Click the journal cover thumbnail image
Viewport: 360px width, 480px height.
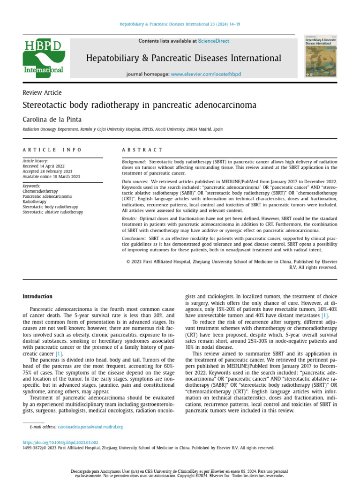(321, 56)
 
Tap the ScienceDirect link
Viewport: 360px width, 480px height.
(213, 41)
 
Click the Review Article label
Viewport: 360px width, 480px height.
(42, 93)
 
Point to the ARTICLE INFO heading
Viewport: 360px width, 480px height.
(52, 150)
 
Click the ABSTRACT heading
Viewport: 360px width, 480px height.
(142, 150)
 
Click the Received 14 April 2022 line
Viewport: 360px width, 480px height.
(44, 166)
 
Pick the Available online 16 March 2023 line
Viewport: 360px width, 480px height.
(52, 176)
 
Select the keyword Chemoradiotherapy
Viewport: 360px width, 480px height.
(40, 191)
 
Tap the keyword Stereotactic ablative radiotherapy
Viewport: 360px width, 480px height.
(52, 212)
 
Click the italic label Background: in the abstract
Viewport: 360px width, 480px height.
(134, 161)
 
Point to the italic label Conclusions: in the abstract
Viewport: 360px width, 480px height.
(135, 239)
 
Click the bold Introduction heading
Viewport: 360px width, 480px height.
(37, 297)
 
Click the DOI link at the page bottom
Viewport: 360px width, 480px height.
(60, 442)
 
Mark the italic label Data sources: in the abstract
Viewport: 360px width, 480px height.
(135, 181)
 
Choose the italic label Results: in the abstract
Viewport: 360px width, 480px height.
(129, 219)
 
